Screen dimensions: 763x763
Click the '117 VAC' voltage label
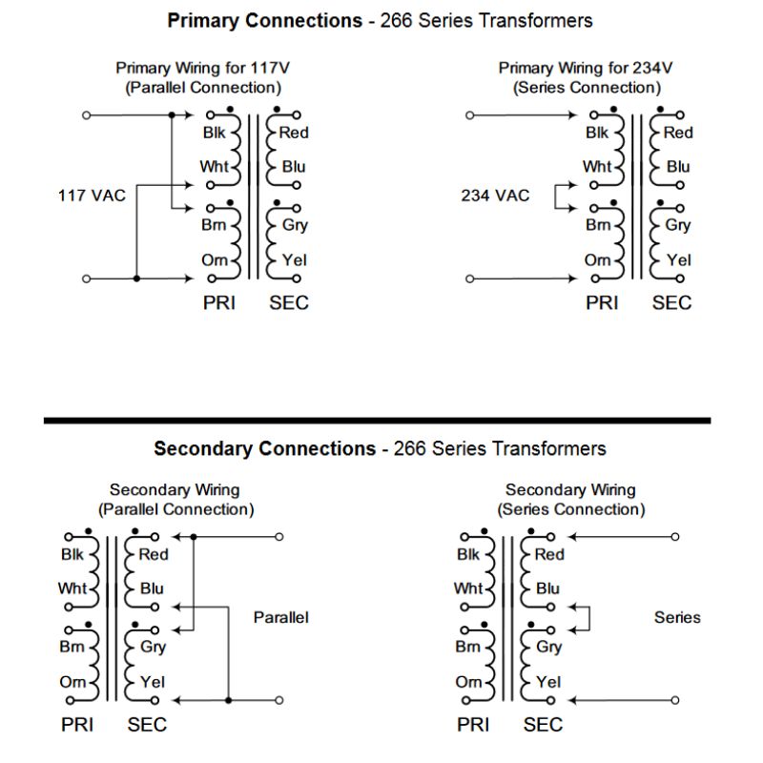tap(92, 196)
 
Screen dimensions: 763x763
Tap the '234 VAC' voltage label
tap(494, 196)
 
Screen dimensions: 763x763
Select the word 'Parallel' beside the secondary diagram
tap(280, 618)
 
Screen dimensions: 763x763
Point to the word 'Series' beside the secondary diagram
tap(677, 618)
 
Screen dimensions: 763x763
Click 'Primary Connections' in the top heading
tap(263, 20)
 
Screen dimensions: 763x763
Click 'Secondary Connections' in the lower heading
tap(264, 448)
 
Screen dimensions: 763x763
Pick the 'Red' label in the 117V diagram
tap(295, 133)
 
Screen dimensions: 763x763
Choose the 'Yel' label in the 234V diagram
tap(678, 259)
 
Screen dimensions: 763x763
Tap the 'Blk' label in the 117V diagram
tap(215, 133)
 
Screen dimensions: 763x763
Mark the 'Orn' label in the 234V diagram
tap(597, 259)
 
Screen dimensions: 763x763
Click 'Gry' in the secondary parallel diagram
tap(153, 647)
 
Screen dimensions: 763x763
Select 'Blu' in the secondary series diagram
tap(547, 588)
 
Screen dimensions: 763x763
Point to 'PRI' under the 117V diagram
tap(219, 303)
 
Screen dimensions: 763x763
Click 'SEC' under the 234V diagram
tap(671, 303)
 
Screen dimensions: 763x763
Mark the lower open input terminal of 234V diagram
tap(468, 279)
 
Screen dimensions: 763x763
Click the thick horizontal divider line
tap(377, 421)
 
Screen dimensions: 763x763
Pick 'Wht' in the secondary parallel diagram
tap(72, 588)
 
